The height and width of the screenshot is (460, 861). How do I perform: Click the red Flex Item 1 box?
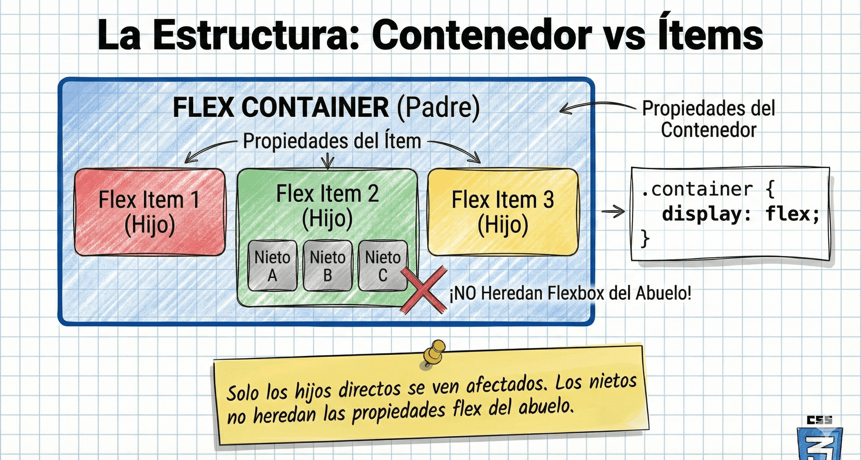click(150, 212)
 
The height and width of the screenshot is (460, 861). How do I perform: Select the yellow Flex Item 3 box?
click(503, 212)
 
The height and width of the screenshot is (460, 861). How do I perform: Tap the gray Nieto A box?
click(272, 266)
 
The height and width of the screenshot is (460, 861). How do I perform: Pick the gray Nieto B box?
click(327, 266)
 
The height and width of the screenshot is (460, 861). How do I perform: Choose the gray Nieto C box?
click(383, 266)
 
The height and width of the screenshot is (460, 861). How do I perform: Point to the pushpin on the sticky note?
click(433, 353)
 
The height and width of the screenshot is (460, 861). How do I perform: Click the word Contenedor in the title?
click(481, 35)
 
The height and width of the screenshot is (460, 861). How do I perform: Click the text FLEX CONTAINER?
click(281, 107)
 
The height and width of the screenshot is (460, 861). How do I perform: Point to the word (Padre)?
click(438, 107)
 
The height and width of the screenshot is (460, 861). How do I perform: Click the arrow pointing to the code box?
click(613, 211)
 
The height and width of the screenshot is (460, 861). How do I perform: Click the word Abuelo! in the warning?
click(663, 293)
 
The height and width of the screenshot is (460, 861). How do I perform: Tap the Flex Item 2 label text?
click(327, 194)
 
